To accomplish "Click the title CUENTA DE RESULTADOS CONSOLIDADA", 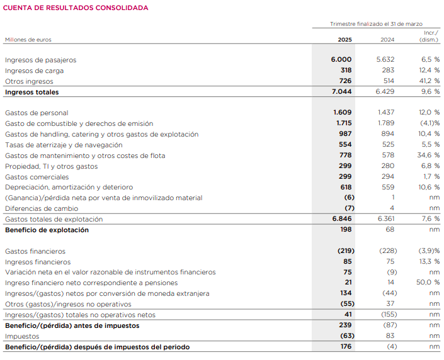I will pyautogui.click(x=77, y=8).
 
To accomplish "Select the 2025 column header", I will pyautogui.click(x=344, y=40).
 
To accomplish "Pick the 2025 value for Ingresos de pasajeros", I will pyautogui.click(x=341, y=60).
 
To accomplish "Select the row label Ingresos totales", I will pyautogui.click(x=31, y=92).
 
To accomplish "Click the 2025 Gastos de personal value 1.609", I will pyautogui.click(x=343, y=113).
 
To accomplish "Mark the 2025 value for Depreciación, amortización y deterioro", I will pyautogui.click(x=345, y=188).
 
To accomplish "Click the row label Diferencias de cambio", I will pyautogui.click(x=42, y=209).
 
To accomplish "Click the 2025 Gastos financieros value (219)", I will pyautogui.click(x=344, y=252).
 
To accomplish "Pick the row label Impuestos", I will pyautogui.click(x=22, y=337).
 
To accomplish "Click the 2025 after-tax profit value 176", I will pyautogui.click(x=345, y=347).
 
